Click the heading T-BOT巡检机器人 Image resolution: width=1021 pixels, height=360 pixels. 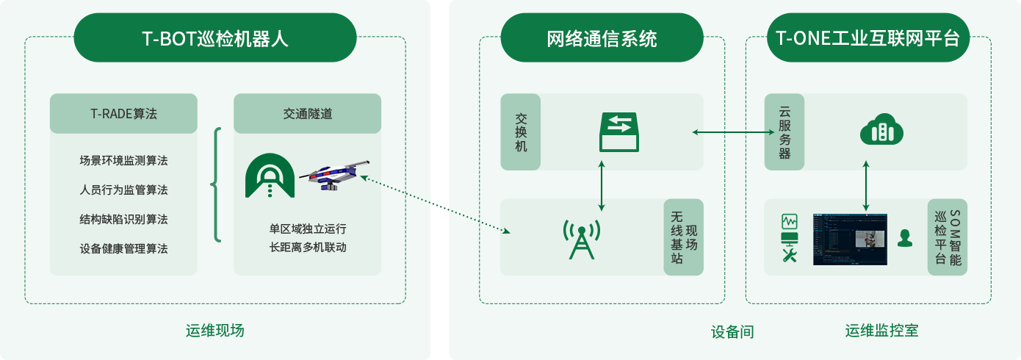click(215, 39)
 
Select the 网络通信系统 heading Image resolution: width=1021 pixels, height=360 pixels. click(602, 39)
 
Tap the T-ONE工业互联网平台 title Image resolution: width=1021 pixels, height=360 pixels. click(867, 39)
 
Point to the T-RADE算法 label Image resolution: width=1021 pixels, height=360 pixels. click(123, 114)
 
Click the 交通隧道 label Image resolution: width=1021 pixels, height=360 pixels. click(308, 114)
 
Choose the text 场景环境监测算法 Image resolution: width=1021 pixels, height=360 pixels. click(123, 160)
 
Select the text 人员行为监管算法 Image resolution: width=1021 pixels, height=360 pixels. click(123, 190)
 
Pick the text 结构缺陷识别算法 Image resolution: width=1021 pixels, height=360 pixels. click(123, 219)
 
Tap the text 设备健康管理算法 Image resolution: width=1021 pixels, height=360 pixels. click(123, 248)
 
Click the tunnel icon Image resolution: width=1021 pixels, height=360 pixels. click(270, 176)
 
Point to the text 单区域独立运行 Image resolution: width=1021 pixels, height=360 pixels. click(308, 228)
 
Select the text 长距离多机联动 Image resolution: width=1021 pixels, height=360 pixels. click(308, 247)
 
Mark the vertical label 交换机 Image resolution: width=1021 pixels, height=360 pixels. click(522, 132)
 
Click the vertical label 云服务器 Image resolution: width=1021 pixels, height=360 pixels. click(784, 133)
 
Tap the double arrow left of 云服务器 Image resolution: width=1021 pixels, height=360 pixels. click(733, 132)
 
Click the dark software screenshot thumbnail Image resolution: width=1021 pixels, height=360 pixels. click(850, 240)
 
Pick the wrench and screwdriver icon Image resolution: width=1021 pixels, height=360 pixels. click(790, 255)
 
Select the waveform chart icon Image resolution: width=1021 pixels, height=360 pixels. click(790, 221)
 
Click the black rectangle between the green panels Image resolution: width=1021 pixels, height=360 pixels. click(440, 205)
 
